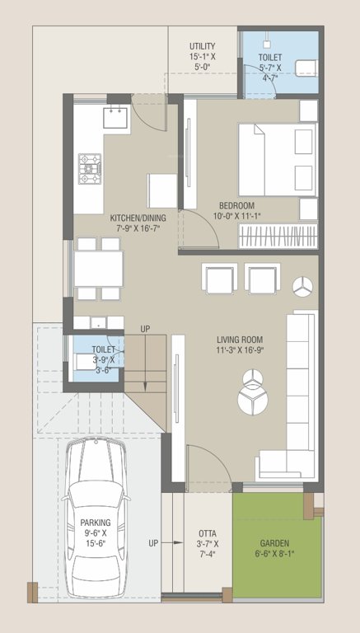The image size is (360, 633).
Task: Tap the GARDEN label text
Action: [x=275, y=544]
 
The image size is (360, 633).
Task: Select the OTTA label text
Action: [x=208, y=534]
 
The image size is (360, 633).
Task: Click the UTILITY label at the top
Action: [x=202, y=46]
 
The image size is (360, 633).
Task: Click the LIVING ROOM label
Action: [x=240, y=339]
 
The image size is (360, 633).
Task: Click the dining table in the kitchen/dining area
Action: [x=98, y=268]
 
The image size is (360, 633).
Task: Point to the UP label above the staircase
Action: [x=145, y=329]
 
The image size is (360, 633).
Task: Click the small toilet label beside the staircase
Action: [x=104, y=349]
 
